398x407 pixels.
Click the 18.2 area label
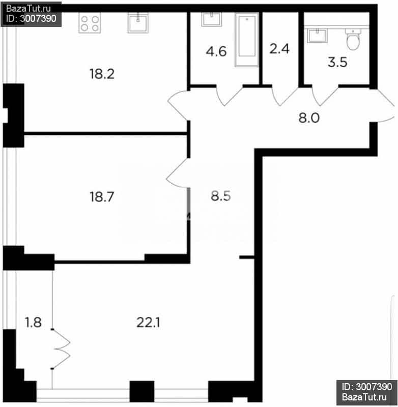[102, 74]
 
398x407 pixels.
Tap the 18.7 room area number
[102, 197]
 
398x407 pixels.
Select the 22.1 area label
[148, 323]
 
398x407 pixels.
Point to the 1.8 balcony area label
[33, 323]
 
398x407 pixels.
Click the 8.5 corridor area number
[221, 196]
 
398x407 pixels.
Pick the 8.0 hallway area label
[309, 118]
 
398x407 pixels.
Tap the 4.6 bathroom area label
[216, 51]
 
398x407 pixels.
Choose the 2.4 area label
[279, 49]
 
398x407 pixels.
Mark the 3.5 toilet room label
[337, 62]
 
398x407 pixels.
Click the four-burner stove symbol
[90, 23]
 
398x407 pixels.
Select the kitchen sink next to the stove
[138, 23]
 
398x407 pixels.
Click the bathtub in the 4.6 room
[247, 40]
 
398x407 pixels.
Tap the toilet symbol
[353, 39]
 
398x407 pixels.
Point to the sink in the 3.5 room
[317, 36]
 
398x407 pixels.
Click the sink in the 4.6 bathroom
[212, 20]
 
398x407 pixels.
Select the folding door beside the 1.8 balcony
[61, 349]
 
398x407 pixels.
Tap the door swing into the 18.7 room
[177, 173]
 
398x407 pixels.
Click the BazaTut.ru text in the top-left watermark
[29, 9]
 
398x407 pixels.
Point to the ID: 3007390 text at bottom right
[367, 387]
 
